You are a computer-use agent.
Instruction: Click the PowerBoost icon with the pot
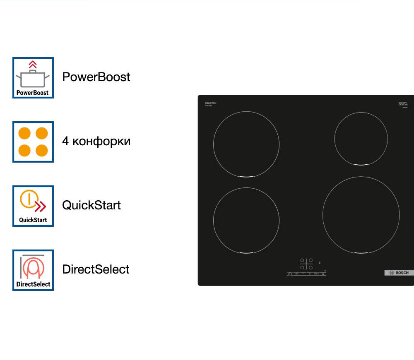pos(33,78)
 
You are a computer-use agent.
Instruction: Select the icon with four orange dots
pos(33,142)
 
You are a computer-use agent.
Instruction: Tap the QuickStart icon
pos(33,206)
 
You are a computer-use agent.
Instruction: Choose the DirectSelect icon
pos(33,270)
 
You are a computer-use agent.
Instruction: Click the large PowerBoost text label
pos(96,77)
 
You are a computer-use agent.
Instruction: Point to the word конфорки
pos(101,142)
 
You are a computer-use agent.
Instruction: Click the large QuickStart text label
pos(91,205)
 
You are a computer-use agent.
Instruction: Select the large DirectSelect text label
pos(96,269)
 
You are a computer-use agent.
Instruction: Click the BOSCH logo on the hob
pos(399,273)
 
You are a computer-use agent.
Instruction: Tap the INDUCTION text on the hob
pos(211,103)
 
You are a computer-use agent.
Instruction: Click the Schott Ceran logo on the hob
pos(403,104)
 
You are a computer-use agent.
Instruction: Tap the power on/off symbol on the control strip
pos(290,274)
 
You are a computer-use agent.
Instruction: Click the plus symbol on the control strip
pos(309,274)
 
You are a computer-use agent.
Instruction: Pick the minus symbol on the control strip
pos(303,274)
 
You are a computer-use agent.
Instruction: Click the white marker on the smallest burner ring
pos(361,165)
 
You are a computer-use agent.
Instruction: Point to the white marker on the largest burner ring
pos(361,253)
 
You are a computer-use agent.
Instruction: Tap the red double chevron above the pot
pos(33,65)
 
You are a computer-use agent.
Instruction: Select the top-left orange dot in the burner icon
pos(25,134)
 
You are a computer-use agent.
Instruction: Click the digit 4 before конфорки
pos(65,142)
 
